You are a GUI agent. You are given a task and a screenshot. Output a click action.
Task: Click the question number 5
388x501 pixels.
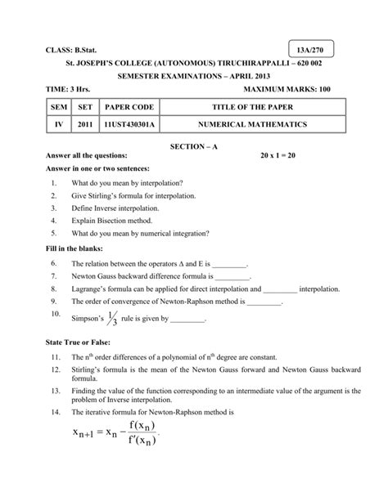tap(52, 233)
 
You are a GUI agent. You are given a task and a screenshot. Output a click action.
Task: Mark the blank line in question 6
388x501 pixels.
tap(230, 265)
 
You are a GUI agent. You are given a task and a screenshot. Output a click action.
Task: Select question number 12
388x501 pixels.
tap(55, 370)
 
